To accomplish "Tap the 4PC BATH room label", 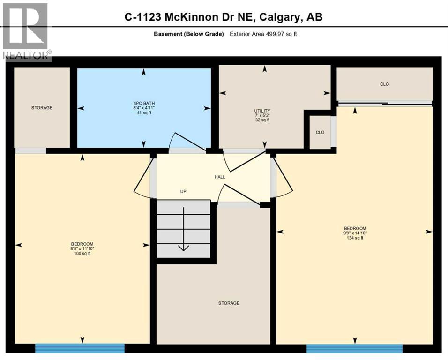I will point(143,104).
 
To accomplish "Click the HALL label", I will point(220,177).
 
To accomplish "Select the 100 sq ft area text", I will point(82,254).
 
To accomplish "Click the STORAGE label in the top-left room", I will point(42,108).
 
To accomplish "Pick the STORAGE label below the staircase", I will point(229,303).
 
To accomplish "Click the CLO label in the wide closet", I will point(384,84).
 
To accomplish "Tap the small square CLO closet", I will point(320,132).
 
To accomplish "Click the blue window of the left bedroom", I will point(80,348).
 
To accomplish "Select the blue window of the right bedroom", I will point(354,348).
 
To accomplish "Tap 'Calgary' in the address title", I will point(279,17).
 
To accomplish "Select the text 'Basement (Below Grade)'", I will point(188,34).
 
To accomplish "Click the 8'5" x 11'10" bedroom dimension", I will point(82,249).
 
